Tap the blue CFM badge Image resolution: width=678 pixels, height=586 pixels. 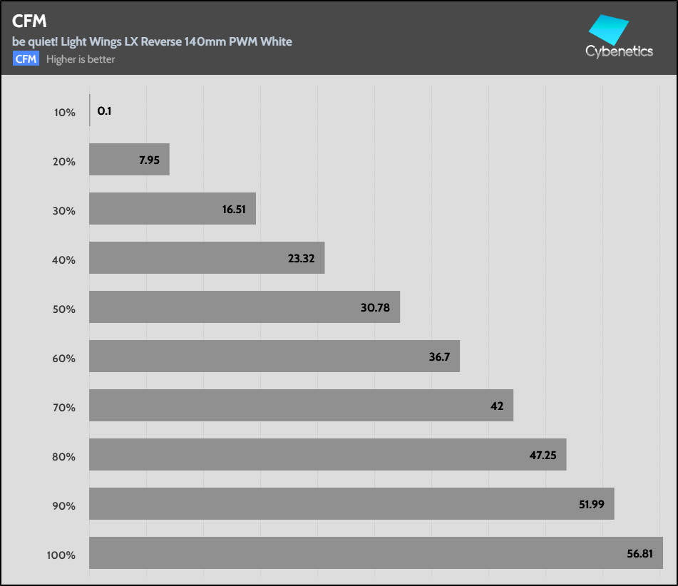pyautogui.click(x=26, y=59)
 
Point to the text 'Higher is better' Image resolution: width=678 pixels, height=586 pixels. pyautogui.click(x=81, y=59)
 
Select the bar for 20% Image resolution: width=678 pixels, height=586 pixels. pyautogui.click(x=129, y=160)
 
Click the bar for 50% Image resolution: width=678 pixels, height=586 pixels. pyautogui.click(x=244, y=307)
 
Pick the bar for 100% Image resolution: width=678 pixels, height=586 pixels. pyautogui.click(x=376, y=553)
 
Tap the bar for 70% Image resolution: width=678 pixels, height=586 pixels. pyautogui.click(x=301, y=406)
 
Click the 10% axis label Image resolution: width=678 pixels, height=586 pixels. pyautogui.click(x=64, y=113)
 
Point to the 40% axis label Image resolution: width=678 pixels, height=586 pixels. pyautogui.click(x=64, y=260)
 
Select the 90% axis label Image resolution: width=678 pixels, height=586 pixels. pyautogui.click(x=64, y=506)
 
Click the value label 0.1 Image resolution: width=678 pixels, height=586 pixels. pyautogui.click(x=104, y=111)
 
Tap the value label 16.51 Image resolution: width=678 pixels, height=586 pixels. pyautogui.click(x=235, y=210)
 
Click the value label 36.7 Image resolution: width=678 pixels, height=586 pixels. pyautogui.click(x=440, y=357)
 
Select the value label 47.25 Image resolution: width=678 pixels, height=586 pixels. pyautogui.click(x=543, y=456)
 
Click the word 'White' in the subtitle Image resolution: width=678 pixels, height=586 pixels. pyautogui.click(x=276, y=41)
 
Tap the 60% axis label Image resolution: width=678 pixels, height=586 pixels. pyautogui.click(x=64, y=359)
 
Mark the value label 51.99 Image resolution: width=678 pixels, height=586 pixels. pyautogui.click(x=592, y=505)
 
